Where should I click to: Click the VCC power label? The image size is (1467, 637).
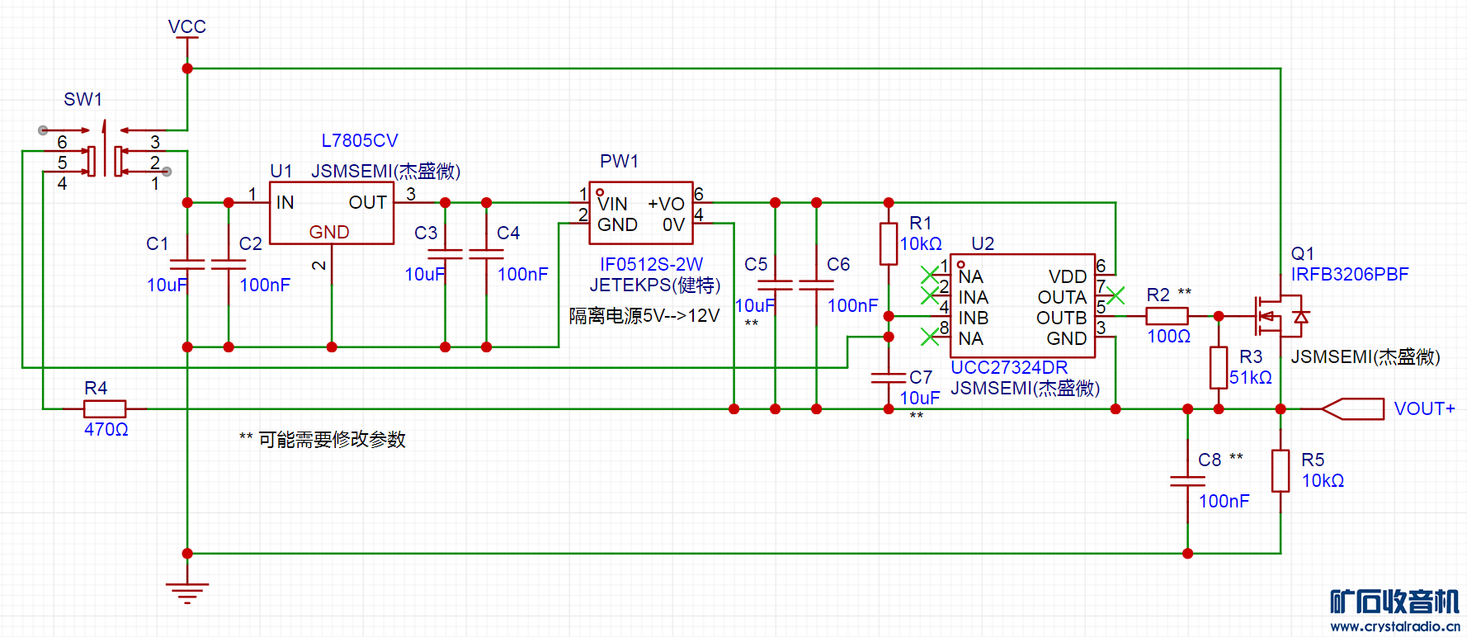coord(187,26)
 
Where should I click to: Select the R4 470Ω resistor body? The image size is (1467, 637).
coord(105,408)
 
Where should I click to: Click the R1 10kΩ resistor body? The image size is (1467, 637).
coord(889,243)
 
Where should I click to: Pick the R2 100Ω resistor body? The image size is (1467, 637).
coord(1167,316)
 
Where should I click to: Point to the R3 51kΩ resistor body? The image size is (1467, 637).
coord(1219,367)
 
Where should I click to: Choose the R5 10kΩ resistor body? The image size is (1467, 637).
coord(1281,470)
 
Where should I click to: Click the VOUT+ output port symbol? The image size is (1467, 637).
coord(1353,408)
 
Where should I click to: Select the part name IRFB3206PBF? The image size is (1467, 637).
coord(1350,275)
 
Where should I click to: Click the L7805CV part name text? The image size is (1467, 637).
coord(360,141)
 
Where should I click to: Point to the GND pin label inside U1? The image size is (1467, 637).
coord(329,233)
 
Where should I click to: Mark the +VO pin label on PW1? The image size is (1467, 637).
coord(666,204)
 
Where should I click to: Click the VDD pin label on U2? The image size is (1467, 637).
coord(1068,276)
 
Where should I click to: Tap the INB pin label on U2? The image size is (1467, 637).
coord(974,318)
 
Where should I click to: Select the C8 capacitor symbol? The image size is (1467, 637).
coord(1187,481)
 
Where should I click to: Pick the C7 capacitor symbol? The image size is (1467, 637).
coord(889,378)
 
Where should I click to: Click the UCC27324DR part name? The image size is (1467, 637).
coord(1009,368)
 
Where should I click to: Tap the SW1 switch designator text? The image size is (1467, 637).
coord(83,100)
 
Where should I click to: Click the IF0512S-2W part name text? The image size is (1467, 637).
coord(651,265)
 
